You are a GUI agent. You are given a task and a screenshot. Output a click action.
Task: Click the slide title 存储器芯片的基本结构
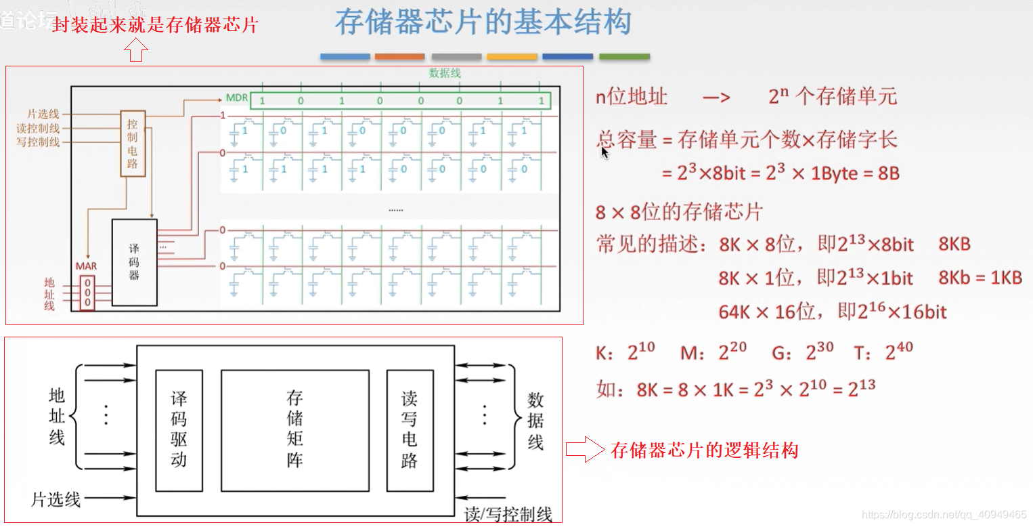pyautogui.click(x=483, y=22)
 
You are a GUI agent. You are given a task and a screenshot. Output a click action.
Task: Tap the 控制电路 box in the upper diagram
pyautogui.click(x=133, y=143)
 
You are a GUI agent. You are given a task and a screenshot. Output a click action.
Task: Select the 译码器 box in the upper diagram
pyautogui.click(x=134, y=261)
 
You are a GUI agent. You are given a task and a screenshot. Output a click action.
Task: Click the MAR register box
pyautogui.click(x=87, y=292)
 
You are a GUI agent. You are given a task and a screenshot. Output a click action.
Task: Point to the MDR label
pyautogui.click(x=236, y=98)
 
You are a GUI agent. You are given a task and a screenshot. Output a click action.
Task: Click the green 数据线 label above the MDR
pyautogui.click(x=444, y=73)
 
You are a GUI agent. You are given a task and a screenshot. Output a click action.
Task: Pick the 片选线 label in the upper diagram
pyautogui.click(x=43, y=114)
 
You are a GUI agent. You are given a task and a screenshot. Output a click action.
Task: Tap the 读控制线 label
pyautogui.click(x=38, y=128)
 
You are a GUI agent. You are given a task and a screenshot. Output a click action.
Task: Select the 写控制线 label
pyautogui.click(x=38, y=142)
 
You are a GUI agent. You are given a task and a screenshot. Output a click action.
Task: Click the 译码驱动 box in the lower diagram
pyautogui.click(x=179, y=430)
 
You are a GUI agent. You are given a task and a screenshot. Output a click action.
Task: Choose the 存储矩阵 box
pyautogui.click(x=294, y=430)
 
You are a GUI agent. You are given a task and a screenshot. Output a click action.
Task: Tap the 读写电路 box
pyautogui.click(x=410, y=430)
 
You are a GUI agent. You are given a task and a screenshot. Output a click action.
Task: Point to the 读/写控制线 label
pyautogui.click(x=508, y=514)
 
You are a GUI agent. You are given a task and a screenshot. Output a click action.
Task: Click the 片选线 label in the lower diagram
pyautogui.click(x=56, y=500)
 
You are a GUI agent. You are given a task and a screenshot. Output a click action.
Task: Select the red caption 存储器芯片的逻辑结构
pyautogui.click(x=704, y=450)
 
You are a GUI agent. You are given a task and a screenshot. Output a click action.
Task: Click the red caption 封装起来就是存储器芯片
pyautogui.click(x=155, y=26)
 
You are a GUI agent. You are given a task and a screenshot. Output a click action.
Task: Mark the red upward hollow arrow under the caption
pyautogui.click(x=136, y=50)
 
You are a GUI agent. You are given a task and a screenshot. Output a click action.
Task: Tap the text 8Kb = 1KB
pyautogui.click(x=980, y=278)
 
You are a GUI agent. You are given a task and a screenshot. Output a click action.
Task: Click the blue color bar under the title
pyautogui.click(x=345, y=57)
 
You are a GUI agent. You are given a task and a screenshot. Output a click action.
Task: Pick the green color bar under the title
pyautogui.click(x=624, y=57)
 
